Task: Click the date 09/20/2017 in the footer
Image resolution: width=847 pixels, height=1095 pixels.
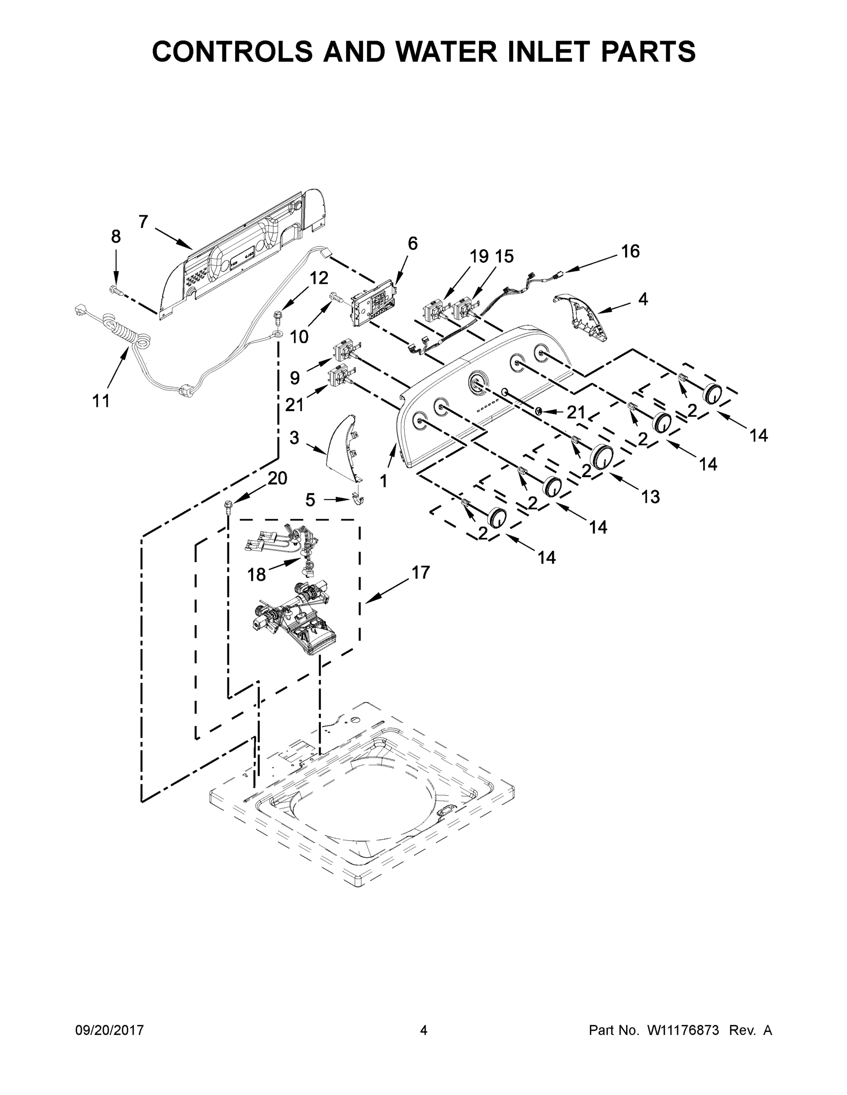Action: coord(110,1030)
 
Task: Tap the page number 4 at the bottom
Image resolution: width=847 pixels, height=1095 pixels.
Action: coord(424,1030)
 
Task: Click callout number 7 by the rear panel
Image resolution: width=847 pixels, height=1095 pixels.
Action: coord(143,221)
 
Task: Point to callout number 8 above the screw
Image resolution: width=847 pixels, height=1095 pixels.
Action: coord(116,236)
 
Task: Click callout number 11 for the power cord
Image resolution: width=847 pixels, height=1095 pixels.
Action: coord(101,401)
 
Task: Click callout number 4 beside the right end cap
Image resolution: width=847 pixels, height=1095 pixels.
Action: coord(643,299)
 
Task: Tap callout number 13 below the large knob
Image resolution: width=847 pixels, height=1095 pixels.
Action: coord(650,497)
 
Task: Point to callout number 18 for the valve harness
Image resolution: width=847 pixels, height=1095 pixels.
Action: coord(257,574)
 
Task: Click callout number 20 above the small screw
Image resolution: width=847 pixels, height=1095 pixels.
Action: coord(277,478)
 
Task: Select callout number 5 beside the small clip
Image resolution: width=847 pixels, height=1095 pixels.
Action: coord(310,500)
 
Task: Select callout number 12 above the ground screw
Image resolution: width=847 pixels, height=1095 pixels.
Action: coord(319,277)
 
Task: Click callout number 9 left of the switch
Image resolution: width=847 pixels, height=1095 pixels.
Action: coord(295,377)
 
